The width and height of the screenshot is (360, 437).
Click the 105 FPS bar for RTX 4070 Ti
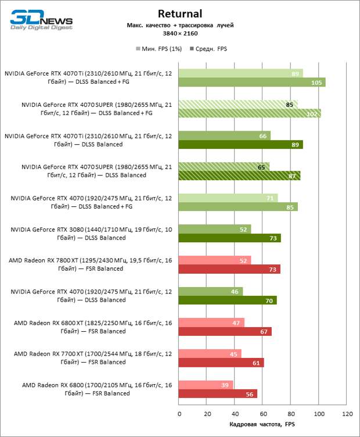pyautogui.click(x=252, y=83)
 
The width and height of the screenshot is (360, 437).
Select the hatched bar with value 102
pyautogui.click(x=250, y=114)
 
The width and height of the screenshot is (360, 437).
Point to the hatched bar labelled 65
pyautogui.click(x=224, y=167)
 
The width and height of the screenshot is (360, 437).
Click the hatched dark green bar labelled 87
pyautogui.click(x=239, y=175)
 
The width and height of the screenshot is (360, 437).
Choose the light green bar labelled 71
pyautogui.click(x=228, y=198)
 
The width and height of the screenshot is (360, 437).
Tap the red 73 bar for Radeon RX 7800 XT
pyautogui.click(x=229, y=269)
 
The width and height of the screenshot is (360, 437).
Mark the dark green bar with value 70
pyautogui.click(x=228, y=300)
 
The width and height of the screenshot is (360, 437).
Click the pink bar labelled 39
pyautogui.click(x=206, y=385)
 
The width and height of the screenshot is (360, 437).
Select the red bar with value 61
pyautogui.click(x=221, y=363)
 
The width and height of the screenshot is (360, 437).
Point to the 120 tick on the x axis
pyautogui.click(x=347, y=414)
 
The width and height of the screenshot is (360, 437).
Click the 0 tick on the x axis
pyautogui.click(x=179, y=414)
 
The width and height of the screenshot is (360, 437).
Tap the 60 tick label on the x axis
pyautogui.click(x=263, y=414)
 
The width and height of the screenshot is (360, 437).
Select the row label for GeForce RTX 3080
pyautogui.click(x=91, y=234)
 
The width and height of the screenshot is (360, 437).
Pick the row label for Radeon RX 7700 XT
pyautogui.click(x=92, y=358)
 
